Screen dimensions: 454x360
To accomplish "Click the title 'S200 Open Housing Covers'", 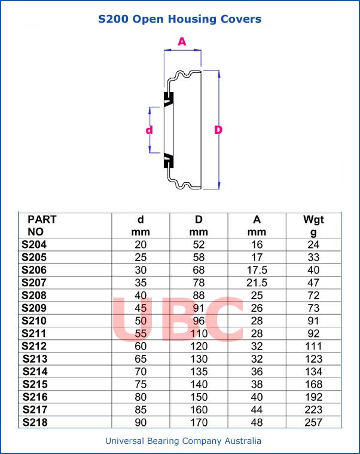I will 180,19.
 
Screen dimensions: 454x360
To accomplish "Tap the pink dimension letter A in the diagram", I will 182,41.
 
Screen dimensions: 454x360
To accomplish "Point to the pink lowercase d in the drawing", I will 150,130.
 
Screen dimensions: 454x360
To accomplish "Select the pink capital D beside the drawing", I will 218,130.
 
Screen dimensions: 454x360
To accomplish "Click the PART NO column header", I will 42,225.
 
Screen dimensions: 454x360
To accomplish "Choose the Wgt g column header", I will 313,225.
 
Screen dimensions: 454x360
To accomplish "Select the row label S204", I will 34,244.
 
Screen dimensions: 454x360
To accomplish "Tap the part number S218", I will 34,422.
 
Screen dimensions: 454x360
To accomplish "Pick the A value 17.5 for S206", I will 257,270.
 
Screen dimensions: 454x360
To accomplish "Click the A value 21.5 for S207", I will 257,283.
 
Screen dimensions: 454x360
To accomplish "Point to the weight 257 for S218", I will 313,422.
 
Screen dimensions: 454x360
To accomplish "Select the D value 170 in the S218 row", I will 199,422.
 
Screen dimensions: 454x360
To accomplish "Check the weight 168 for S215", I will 313,384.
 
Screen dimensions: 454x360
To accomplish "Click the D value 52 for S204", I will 199,244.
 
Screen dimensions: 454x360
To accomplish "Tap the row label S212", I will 34,346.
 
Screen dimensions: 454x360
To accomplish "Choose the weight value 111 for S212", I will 313,346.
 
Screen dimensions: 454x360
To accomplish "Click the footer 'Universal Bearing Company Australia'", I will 183,441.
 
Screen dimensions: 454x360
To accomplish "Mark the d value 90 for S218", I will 141,422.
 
